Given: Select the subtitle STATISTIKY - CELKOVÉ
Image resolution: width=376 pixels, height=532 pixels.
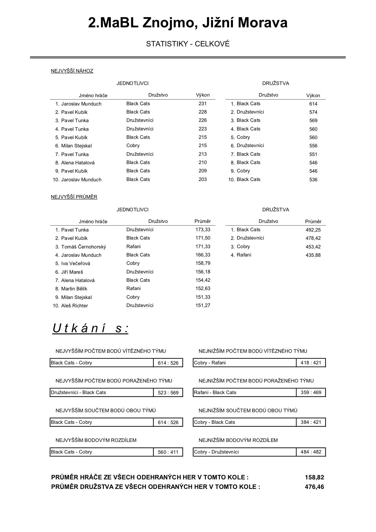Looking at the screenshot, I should [x=188, y=44].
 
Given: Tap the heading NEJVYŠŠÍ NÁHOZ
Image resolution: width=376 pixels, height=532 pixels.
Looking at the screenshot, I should [x=72, y=71].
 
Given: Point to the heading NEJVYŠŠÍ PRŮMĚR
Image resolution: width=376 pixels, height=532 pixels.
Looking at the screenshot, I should [x=74, y=197].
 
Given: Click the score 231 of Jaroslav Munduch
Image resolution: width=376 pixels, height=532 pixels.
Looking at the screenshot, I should [x=203, y=104].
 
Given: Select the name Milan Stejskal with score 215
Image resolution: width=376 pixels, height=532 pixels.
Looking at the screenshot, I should [x=76, y=146].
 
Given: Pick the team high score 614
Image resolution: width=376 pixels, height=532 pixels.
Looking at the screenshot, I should [x=313, y=104].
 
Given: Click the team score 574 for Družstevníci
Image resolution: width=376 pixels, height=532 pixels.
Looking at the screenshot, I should [x=313, y=112].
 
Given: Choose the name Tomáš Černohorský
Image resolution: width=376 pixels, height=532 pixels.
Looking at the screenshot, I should [x=84, y=247].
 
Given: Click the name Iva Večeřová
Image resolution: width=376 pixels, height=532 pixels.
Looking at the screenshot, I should [x=76, y=264].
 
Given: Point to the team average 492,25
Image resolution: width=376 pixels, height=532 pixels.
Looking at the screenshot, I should [x=313, y=230].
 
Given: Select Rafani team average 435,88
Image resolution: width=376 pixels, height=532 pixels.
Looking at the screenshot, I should [x=313, y=255].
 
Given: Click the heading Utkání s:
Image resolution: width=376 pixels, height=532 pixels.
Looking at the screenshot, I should [x=90, y=329].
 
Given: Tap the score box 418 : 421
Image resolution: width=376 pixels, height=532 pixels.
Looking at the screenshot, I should [x=311, y=363].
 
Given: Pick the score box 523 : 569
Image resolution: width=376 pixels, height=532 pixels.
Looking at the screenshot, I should [x=168, y=393].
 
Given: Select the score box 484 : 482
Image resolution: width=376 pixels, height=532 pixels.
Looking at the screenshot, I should [x=311, y=452].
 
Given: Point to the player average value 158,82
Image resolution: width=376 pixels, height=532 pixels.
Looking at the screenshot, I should [x=314, y=478].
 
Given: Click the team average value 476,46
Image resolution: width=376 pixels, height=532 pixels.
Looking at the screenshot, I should [x=314, y=487].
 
